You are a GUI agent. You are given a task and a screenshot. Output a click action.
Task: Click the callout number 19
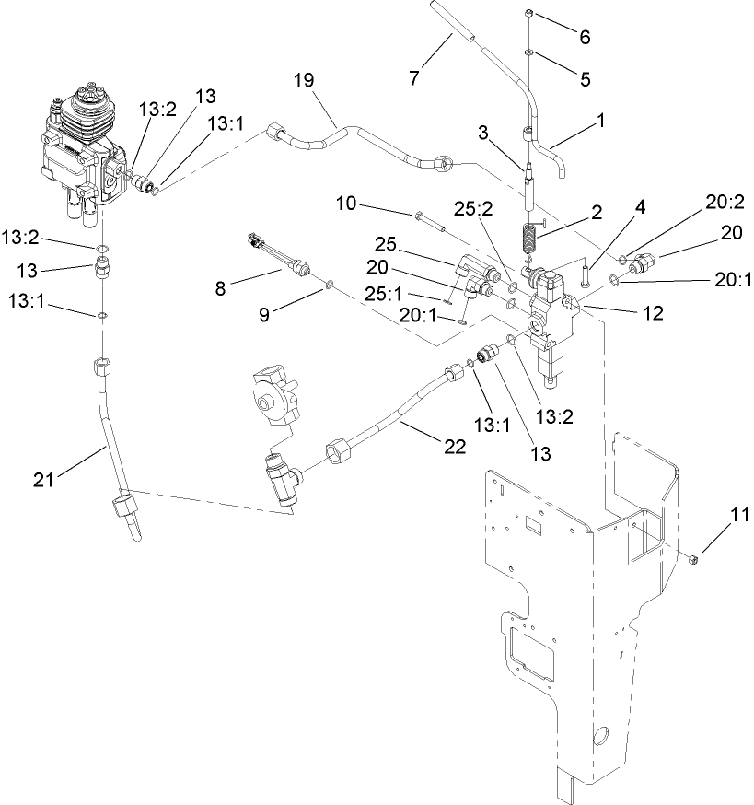pyautogui.click(x=305, y=81)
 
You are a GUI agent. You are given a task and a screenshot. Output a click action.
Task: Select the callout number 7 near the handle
pyautogui.click(x=414, y=77)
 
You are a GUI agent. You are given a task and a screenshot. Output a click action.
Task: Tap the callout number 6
pyautogui.click(x=584, y=38)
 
